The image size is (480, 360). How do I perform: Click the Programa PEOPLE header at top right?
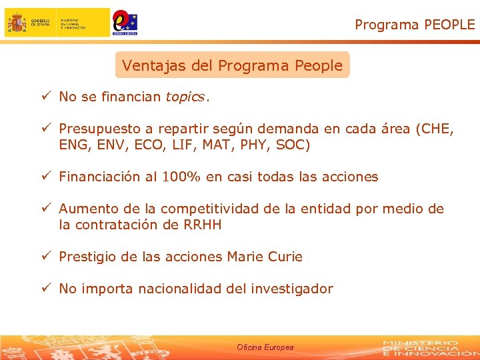click(x=415, y=25)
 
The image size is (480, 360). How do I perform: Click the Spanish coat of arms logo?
click(x=17, y=23)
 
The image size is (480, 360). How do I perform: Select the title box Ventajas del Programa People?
click(x=232, y=65)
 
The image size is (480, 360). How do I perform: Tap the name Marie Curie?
click(x=265, y=257)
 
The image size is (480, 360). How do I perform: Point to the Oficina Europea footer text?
click(x=265, y=347)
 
